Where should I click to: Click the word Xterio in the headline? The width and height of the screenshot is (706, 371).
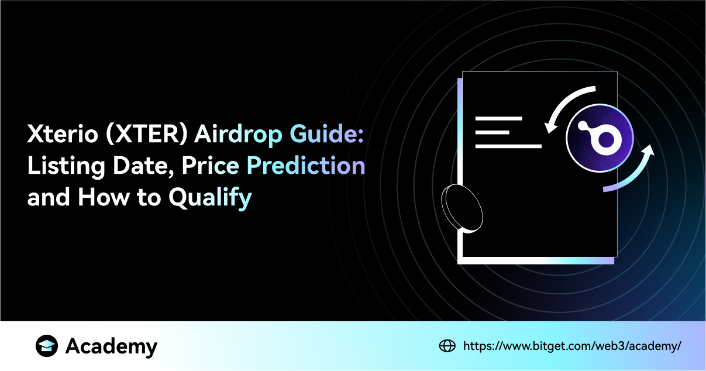[63, 134]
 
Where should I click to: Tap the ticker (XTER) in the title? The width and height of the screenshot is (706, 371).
[147, 134]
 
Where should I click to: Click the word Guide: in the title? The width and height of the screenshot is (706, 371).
[326, 134]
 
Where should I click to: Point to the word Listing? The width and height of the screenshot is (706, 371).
[66, 166]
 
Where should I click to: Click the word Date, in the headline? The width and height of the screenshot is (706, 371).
[143, 166]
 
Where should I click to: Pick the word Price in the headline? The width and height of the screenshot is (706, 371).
[210, 166]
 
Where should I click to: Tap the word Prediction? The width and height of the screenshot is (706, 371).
[306, 166]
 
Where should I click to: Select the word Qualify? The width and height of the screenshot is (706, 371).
[210, 198]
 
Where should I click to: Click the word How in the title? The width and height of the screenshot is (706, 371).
[104, 197]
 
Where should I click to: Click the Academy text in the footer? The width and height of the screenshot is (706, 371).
[111, 346]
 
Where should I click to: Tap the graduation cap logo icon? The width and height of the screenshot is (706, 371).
[47, 346]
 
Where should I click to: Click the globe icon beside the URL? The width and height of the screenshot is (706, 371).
[447, 346]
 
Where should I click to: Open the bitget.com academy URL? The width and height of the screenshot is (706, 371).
[572, 346]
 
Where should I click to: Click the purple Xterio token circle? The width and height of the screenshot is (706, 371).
[600, 138]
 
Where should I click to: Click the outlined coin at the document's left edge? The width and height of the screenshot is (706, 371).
[462, 209]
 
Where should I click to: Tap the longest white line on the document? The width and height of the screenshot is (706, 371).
[508, 146]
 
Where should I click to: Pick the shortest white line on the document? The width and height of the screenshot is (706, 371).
[493, 132]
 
